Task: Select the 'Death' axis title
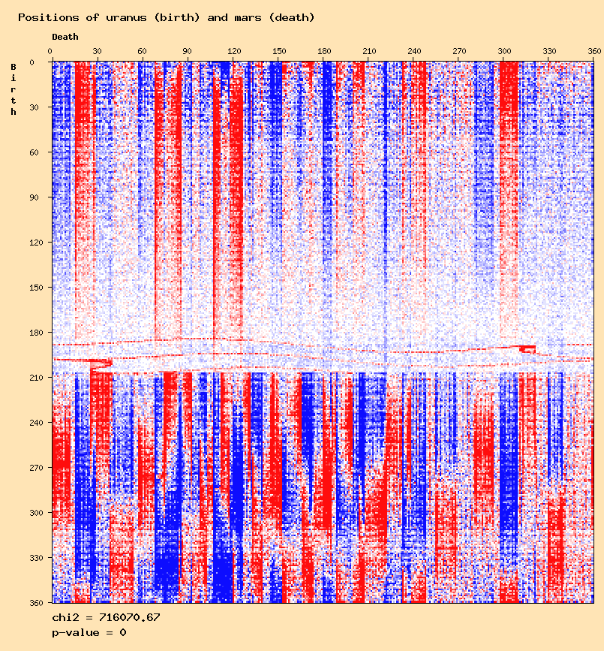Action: point(65,37)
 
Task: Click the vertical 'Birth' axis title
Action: point(14,89)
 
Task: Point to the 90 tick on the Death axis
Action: point(187,52)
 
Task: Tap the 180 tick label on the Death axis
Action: point(323,52)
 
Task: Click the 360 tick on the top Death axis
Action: point(594,52)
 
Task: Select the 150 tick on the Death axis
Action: point(278,52)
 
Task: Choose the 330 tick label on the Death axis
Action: point(550,52)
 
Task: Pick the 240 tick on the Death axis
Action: point(414,52)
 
